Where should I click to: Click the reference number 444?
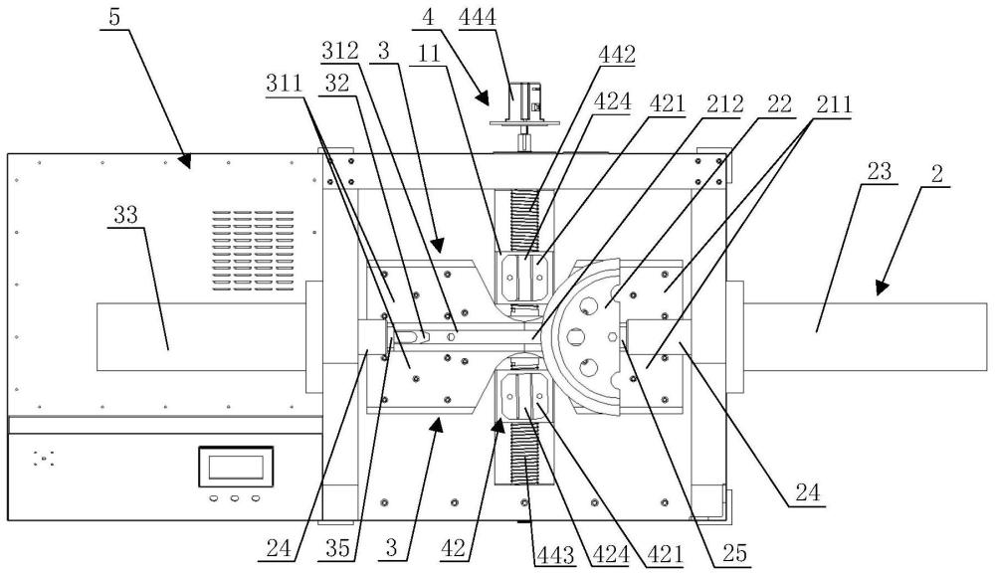(x=478, y=16)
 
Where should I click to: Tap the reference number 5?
(x=114, y=17)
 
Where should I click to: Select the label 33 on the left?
(x=125, y=215)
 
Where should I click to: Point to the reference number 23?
(x=879, y=171)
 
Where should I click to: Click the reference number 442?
(x=616, y=55)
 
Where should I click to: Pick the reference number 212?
(x=724, y=103)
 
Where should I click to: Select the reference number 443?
(x=555, y=555)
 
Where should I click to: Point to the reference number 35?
(x=337, y=548)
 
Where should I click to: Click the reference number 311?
(x=284, y=84)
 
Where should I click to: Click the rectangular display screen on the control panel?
(x=236, y=467)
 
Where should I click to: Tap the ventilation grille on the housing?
(x=253, y=251)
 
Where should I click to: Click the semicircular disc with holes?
(x=584, y=336)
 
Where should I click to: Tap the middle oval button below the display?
(x=235, y=498)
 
